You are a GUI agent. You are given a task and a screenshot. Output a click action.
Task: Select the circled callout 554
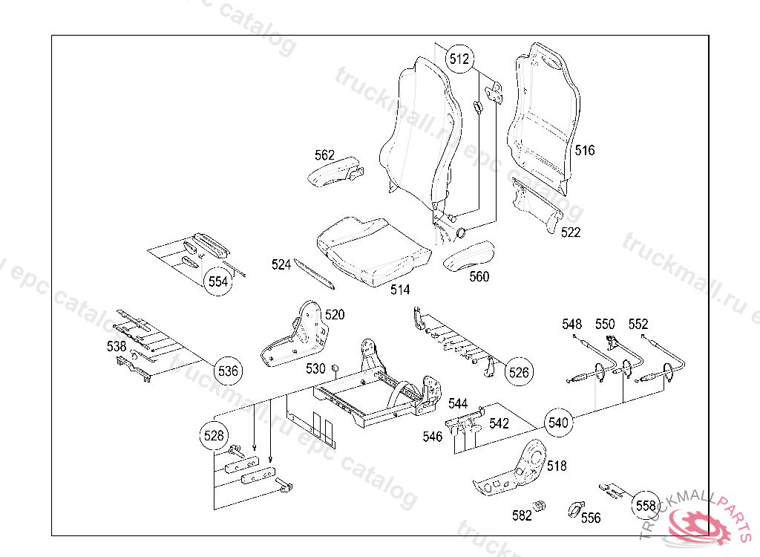click(217, 281)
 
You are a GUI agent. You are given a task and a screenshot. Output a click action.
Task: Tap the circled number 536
click(228, 371)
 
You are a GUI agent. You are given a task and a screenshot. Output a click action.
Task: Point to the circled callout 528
click(214, 436)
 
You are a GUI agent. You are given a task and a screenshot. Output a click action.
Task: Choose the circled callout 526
click(519, 372)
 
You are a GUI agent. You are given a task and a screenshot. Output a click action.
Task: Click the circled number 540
click(558, 423)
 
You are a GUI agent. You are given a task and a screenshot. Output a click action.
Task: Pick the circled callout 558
click(646, 506)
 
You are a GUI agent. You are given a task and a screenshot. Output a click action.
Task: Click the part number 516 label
click(585, 151)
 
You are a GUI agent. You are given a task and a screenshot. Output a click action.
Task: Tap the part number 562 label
click(324, 155)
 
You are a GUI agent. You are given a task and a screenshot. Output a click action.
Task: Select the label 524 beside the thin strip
click(281, 264)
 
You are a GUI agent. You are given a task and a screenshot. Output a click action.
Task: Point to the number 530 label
click(315, 368)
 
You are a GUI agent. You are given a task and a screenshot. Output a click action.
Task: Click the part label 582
click(522, 515)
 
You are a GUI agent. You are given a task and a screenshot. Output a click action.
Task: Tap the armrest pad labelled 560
click(468, 256)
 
